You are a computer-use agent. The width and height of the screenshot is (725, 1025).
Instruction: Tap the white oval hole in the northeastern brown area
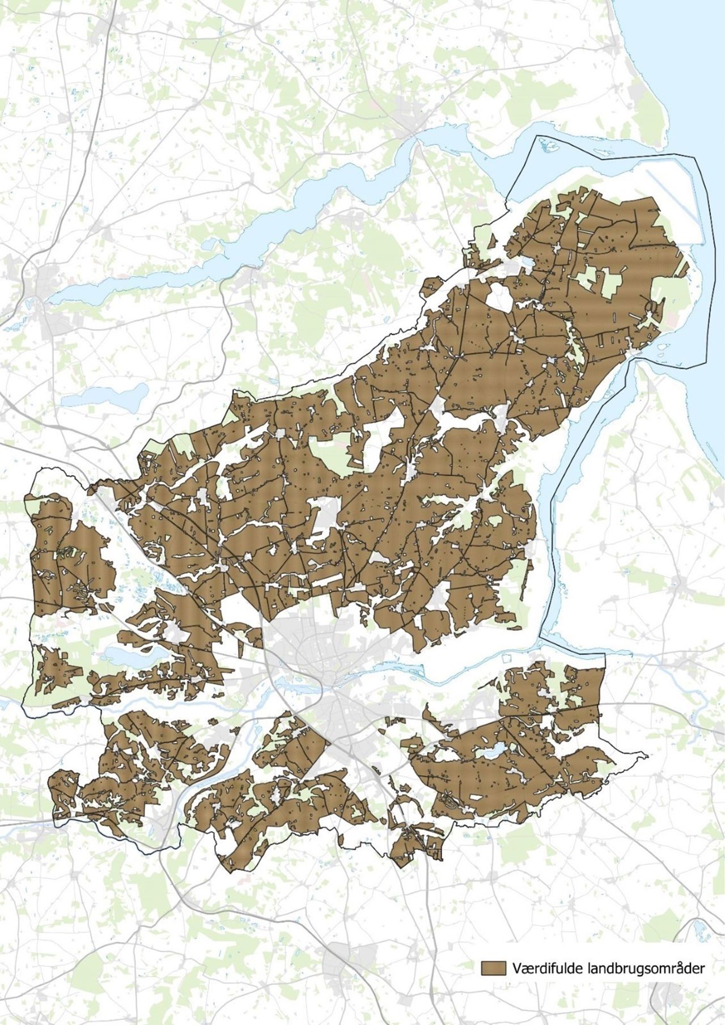[499, 297]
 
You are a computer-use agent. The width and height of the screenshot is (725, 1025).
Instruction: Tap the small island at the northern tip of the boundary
[548, 146]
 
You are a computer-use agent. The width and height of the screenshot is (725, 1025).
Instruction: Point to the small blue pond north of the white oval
[526, 262]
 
